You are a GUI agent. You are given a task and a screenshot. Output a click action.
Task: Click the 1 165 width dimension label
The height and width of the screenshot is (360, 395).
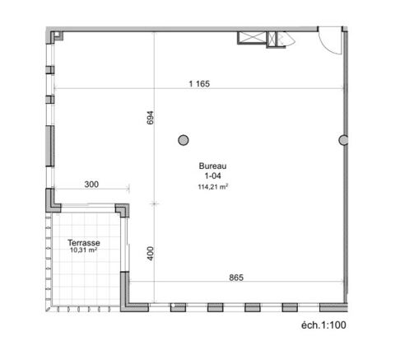201,82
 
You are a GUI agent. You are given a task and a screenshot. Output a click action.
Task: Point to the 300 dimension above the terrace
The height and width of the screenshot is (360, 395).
91,185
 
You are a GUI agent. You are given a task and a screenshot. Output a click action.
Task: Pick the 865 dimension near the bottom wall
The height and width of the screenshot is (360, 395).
235,278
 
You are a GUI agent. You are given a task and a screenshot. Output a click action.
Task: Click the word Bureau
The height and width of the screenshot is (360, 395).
212,166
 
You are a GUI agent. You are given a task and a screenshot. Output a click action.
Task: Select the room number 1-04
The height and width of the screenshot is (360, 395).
212,175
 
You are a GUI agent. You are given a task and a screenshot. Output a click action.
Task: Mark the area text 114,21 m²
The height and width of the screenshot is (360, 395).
212,186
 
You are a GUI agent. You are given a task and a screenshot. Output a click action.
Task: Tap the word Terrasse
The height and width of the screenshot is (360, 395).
84,244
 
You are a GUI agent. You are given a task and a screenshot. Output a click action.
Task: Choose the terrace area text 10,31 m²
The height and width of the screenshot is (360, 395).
84,253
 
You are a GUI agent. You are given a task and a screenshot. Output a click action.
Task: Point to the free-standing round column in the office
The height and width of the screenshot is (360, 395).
184,140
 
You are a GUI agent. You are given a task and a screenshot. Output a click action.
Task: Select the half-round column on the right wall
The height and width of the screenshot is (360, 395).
344,140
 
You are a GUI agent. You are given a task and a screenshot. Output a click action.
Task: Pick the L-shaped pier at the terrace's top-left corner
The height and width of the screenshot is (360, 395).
51,200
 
